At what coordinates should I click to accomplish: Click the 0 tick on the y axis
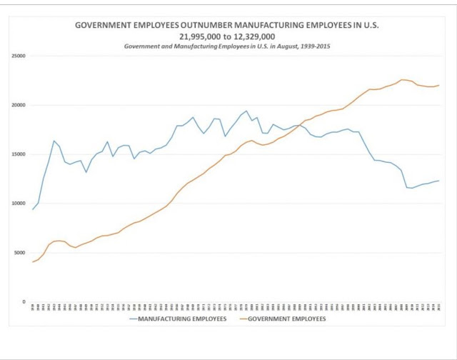24,302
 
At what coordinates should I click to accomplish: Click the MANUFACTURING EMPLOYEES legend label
184,319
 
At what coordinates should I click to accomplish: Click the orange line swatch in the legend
241,319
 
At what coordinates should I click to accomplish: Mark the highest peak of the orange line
402,80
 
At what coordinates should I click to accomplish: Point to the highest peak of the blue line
246,111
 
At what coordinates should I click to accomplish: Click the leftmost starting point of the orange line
33,262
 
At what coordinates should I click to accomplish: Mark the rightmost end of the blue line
438,181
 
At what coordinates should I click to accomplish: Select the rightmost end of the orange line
438,86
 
